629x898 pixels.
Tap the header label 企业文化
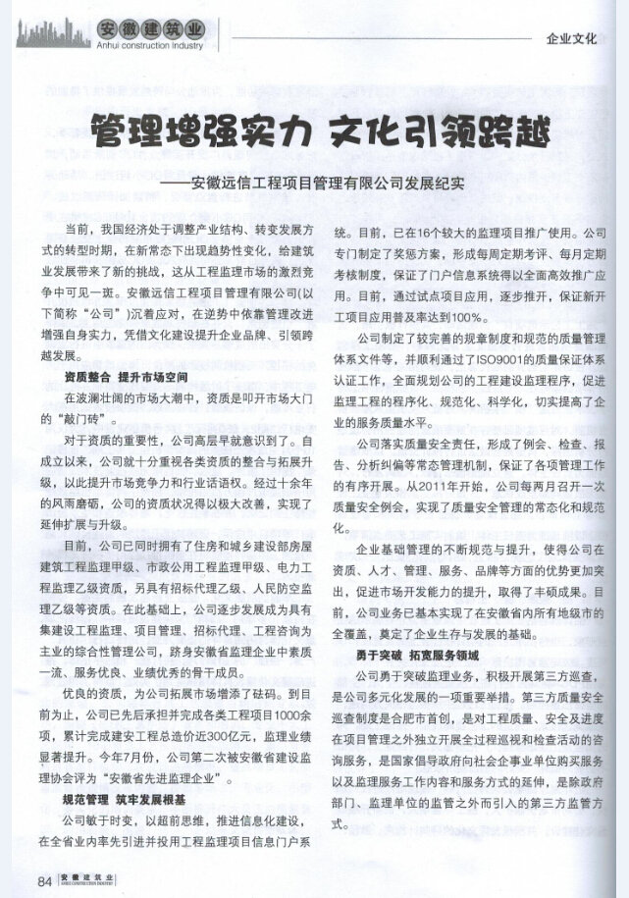tap(571, 40)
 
